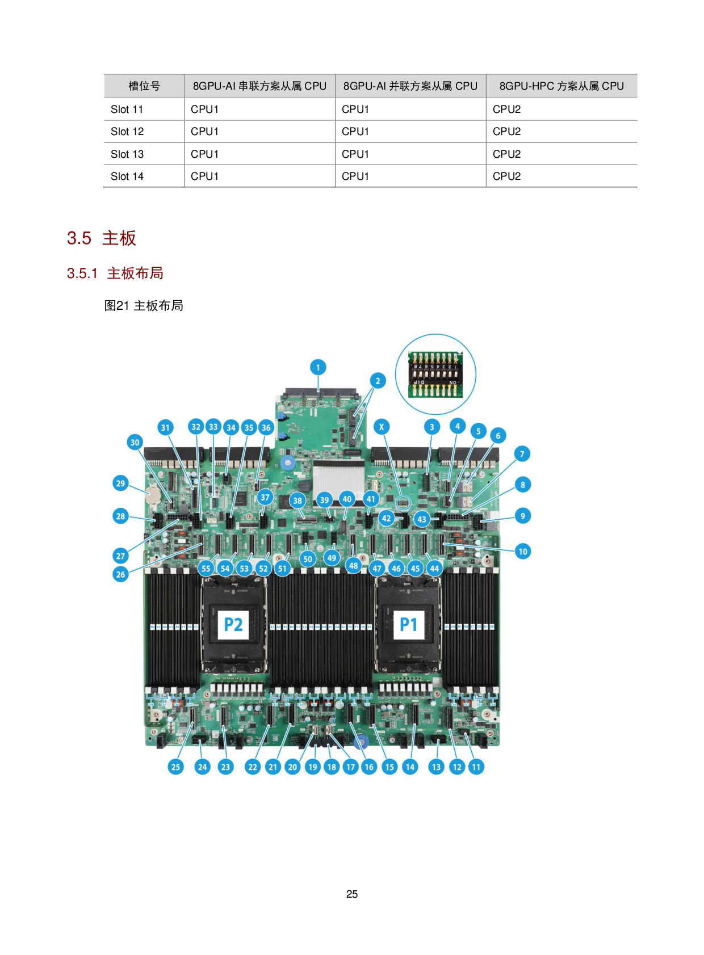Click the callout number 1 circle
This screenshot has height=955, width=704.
click(318, 367)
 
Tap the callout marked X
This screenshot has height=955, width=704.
click(382, 427)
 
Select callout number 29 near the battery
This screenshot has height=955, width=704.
click(120, 483)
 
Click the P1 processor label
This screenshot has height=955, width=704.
click(409, 624)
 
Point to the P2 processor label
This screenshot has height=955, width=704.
click(233, 624)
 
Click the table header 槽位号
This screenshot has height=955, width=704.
click(144, 86)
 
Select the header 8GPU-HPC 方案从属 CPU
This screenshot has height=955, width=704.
click(561, 86)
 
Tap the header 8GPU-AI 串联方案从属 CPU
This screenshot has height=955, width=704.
click(259, 86)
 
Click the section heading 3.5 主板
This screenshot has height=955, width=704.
click(102, 238)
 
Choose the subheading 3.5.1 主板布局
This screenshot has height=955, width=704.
click(115, 273)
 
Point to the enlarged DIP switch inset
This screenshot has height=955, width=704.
click(435, 375)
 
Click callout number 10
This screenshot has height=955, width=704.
click(523, 551)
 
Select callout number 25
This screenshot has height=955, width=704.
click(175, 767)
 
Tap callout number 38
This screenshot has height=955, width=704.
click(297, 500)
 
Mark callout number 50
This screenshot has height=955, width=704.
click(308, 559)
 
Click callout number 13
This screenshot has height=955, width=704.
click(436, 767)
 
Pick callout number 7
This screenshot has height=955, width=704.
click(522, 454)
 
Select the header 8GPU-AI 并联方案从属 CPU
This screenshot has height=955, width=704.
click(410, 86)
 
